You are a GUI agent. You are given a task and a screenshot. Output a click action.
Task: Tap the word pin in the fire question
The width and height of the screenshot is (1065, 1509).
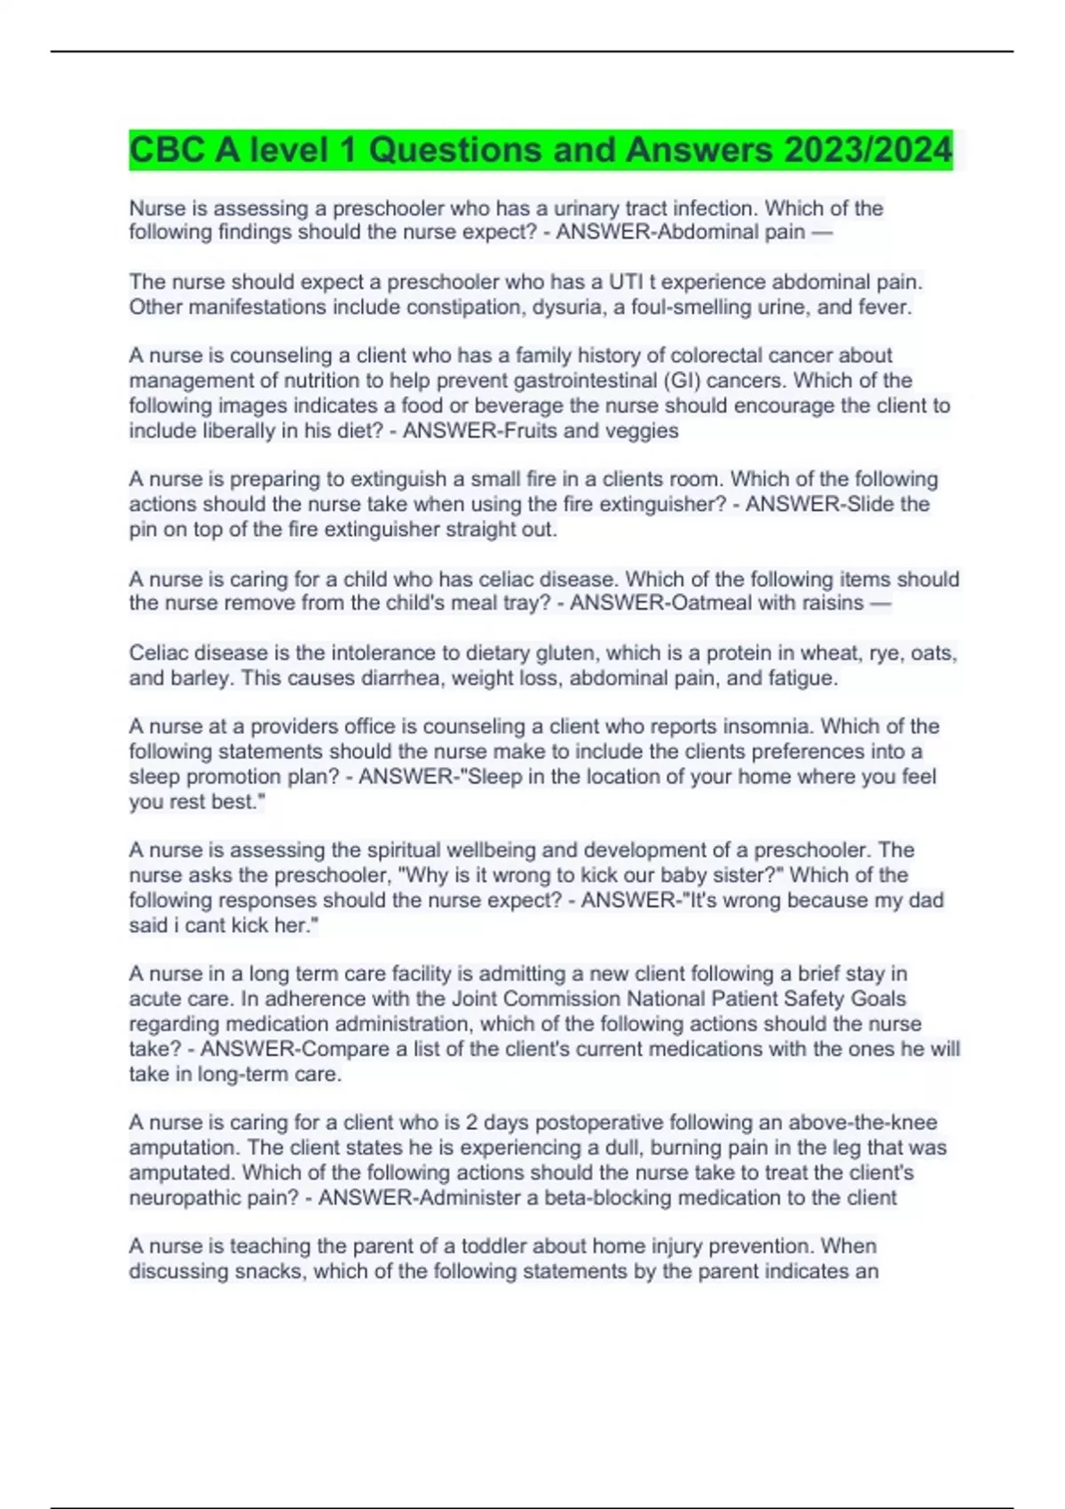(x=144, y=530)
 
